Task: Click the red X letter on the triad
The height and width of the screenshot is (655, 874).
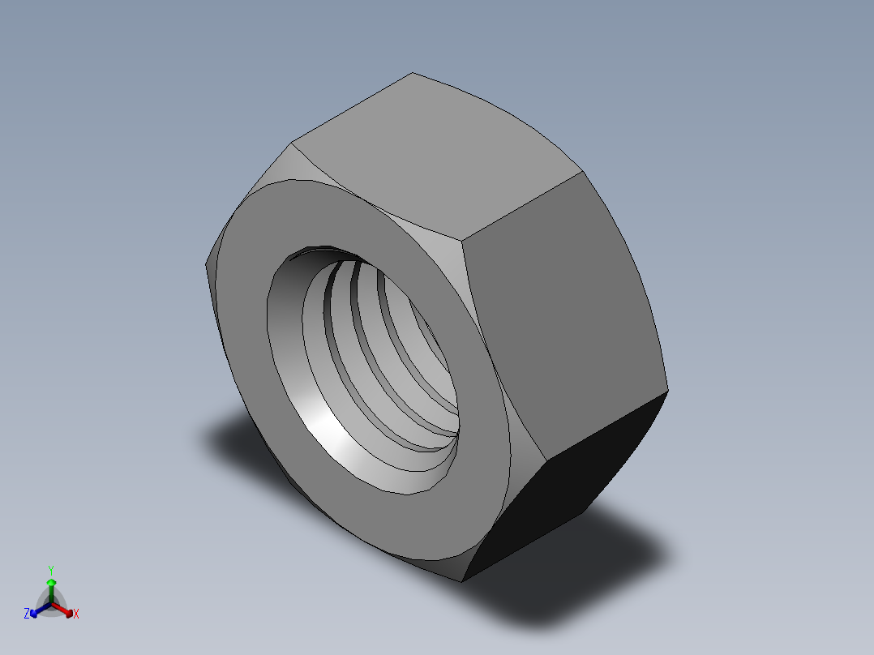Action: [76, 614]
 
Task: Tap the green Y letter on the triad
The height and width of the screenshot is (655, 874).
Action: [51, 569]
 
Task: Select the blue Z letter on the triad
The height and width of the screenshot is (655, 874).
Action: [27, 614]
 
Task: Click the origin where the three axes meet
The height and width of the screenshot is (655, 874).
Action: [51, 602]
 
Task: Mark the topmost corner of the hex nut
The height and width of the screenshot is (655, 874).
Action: [413, 73]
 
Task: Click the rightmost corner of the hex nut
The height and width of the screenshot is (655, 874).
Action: [668, 392]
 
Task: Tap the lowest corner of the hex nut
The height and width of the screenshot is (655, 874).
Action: [462, 581]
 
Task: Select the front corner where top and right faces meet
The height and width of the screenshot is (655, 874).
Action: [463, 240]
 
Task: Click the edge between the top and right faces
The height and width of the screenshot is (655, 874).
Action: [523, 206]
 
